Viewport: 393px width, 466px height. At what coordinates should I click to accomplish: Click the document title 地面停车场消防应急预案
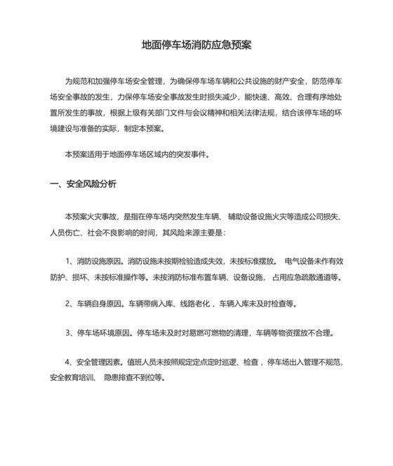196,44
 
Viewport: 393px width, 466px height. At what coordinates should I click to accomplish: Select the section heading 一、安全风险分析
84,184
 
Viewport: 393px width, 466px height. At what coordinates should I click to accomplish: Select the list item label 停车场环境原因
107,332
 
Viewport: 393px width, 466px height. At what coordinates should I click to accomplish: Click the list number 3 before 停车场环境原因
67,332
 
